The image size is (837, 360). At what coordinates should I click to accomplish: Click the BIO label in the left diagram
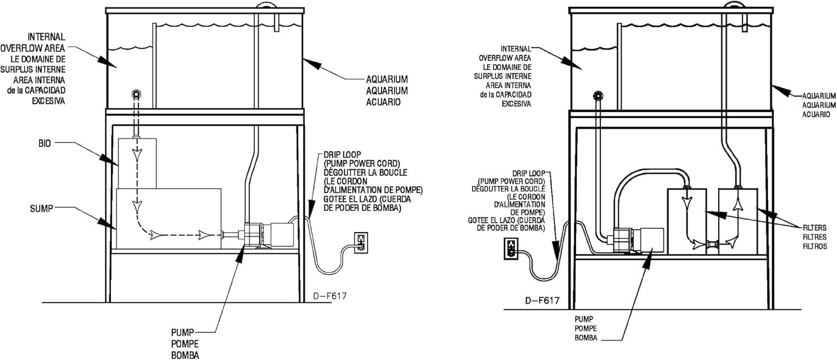45,143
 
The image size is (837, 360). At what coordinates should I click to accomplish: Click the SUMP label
41,209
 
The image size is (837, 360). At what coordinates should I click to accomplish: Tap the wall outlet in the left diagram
360,243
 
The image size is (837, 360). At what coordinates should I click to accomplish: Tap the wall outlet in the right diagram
511,248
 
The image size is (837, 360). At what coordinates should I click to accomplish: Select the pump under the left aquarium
269,235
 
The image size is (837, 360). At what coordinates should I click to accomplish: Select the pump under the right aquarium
635,241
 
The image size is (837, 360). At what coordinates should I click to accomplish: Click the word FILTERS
815,227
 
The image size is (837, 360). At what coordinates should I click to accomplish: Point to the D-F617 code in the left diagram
330,296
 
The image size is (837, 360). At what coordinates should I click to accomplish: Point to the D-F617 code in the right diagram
542,301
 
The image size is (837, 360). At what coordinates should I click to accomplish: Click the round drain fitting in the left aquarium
136,94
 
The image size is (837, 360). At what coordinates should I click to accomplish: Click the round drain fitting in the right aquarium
598,95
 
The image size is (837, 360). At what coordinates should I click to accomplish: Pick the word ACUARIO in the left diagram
383,102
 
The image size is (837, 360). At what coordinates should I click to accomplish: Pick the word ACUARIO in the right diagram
816,114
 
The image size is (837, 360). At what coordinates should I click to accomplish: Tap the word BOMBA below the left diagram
185,355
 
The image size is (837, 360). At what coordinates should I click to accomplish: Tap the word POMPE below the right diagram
585,329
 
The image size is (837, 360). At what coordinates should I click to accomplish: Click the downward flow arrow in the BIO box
137,154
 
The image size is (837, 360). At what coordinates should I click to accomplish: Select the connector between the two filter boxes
712,244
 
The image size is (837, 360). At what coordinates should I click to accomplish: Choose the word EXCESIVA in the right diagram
516,104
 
